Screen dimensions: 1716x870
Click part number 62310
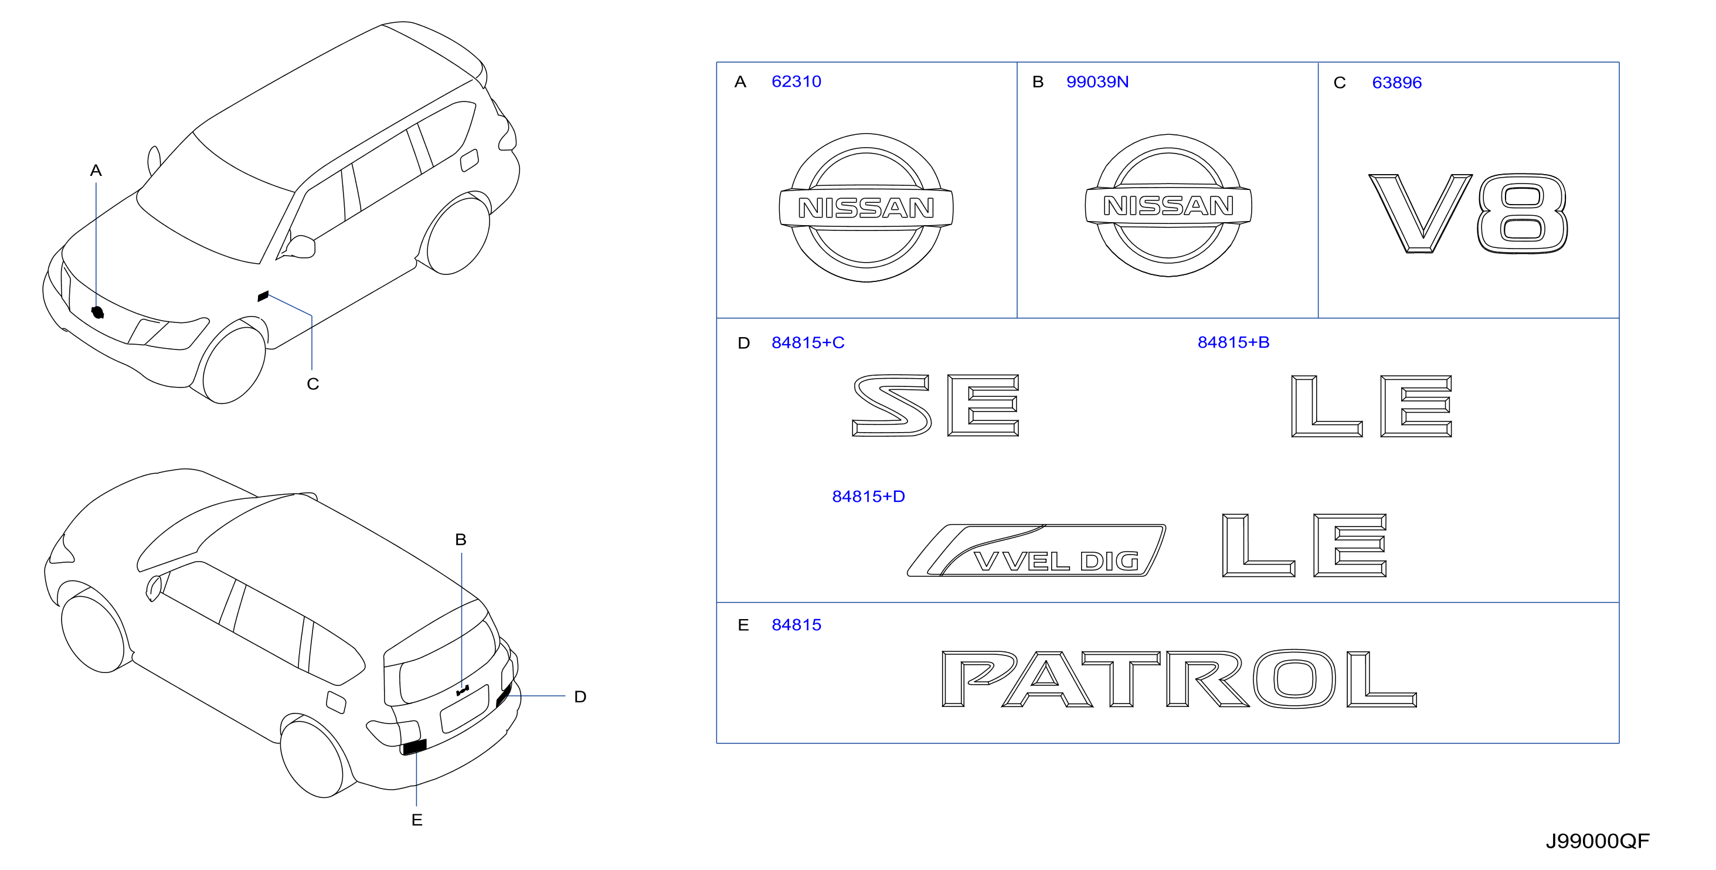pyautogui.click(x=796, y=82)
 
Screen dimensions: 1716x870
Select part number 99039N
pyautogui.click(x=1097, y=82)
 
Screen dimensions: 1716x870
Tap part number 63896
pyautogui.click(x=1397, y=83)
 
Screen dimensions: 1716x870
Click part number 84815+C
pyautogui.click(x=808, y=342)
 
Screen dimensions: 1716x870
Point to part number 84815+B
pyautogui.click(x=1234, y=342)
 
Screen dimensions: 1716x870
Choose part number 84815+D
pyautogui.click(x=869, y=497)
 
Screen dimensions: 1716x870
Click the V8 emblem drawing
pyautogui.click(x=1467, y=213)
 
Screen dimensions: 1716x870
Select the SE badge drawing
pyautogui.click(x=936, y=405)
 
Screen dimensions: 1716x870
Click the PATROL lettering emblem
pyautogui.click(x=1179, y=679)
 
